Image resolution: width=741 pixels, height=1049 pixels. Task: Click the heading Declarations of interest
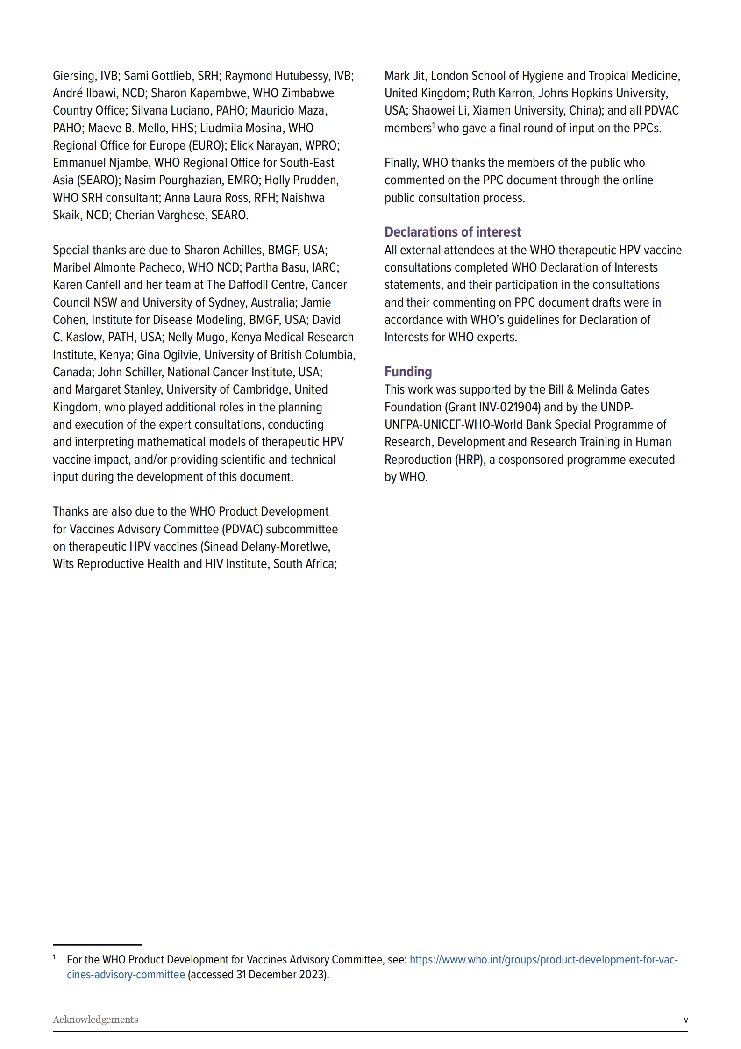tap(452, 232)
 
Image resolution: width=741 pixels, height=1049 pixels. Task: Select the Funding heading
tap(408, 372)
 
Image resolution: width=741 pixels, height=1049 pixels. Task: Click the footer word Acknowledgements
tap(95, 1020)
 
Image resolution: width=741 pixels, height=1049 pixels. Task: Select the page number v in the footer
tap(685, 1020)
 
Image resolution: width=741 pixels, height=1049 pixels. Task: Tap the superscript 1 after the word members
tap(434, 125)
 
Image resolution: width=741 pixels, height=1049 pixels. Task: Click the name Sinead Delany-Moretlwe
tap(266, 546)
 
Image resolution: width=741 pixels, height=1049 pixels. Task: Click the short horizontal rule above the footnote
tap(97, 945)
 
